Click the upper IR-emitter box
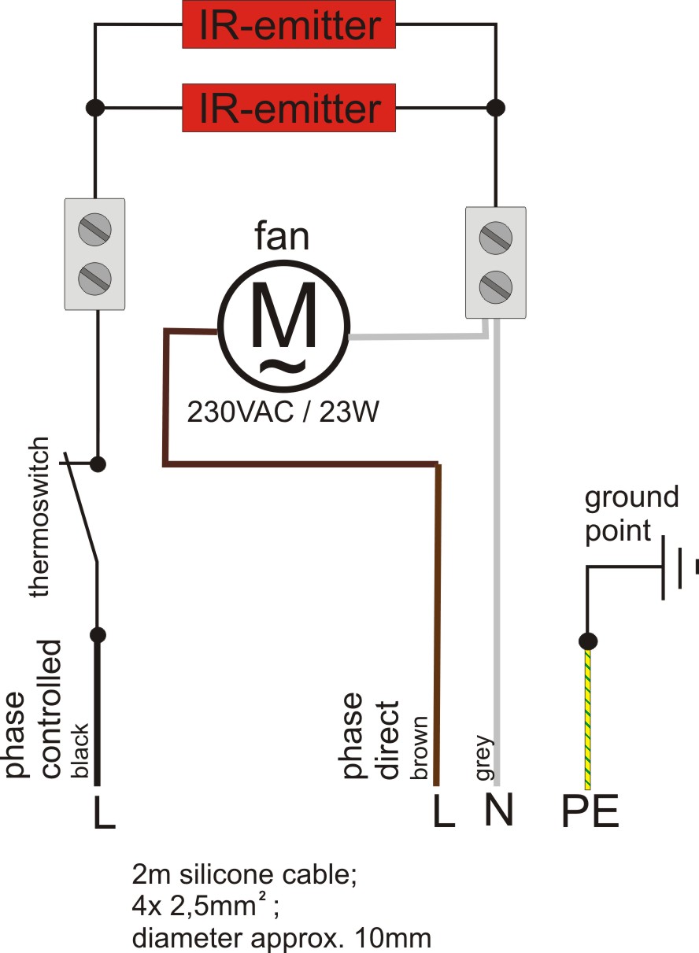tap(289, 24)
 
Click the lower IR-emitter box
tap(289, 108)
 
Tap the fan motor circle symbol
tap(283, 327)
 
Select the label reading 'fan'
tap(282, 236)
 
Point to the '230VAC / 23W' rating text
tap(283, 412)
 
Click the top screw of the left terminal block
tap(95, 229)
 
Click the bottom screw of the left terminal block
tap(95, 279)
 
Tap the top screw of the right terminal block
tap(496, 238)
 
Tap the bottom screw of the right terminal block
tap(496, 286)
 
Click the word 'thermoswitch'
tap(39, 516)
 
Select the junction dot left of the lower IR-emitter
tap(95, 108)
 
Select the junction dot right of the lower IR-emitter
tap(496, 108)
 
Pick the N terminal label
tap(499, 810)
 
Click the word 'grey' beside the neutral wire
tap(485, 757)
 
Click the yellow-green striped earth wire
tap(588, 719)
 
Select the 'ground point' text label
tap(631, 514)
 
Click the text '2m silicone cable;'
tap(244, 875)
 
